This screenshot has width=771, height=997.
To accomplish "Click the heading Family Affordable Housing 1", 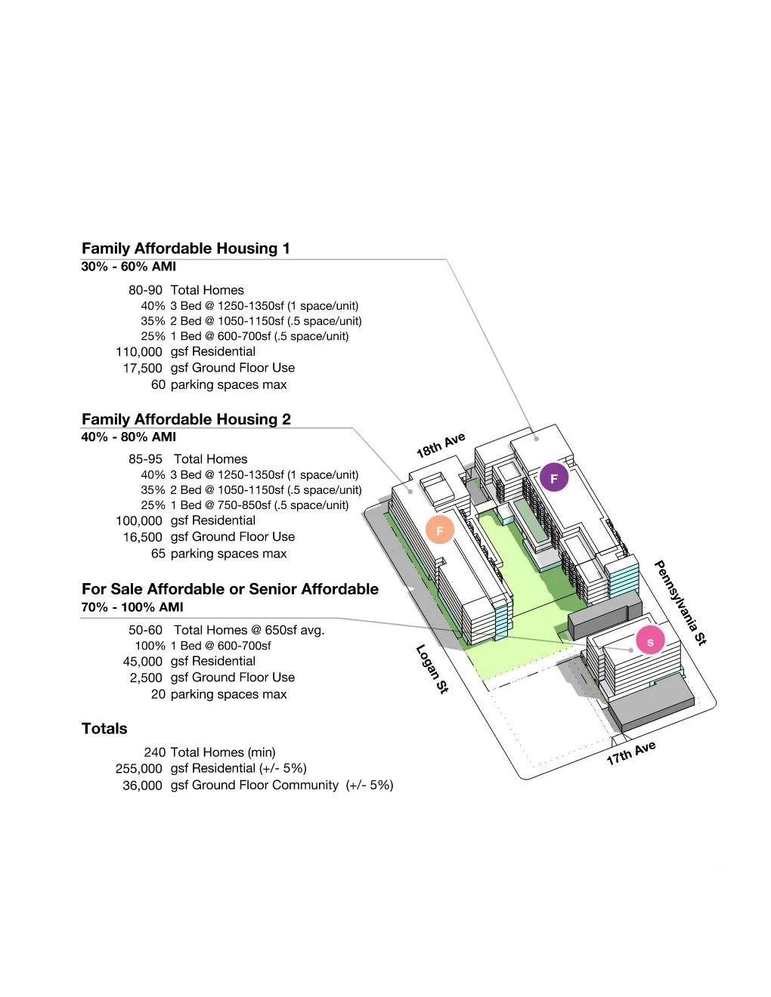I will pos(185,248).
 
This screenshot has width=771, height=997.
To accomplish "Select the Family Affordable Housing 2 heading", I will pos(186,419).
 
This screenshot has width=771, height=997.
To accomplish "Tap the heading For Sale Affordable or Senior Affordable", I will pos(230,589).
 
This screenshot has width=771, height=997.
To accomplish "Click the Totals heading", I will pos(104,729).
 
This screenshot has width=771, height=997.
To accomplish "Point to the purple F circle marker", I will pos(553,479).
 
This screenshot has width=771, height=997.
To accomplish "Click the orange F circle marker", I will pos(439,530).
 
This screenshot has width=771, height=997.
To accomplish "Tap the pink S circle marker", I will pos(649,642).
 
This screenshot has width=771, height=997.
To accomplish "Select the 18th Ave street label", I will pos(441,446).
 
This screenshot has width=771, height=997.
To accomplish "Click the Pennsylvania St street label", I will pos(680,603).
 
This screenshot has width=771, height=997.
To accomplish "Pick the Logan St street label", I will pos(432,669).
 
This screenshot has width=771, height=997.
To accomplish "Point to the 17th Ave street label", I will pos(630,753).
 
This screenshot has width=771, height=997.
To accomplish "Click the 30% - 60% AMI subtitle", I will pos(128,267).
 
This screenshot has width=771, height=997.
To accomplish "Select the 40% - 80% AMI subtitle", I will pos(128,437).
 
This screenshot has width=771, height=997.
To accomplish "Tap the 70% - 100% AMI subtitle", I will pos(132,607).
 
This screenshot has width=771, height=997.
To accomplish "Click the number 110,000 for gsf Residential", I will pos(138,352).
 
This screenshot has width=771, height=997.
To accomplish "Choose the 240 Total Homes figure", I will pos(154,752).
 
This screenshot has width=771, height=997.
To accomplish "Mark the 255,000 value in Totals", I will pos(138,769).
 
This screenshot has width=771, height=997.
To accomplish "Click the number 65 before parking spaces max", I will pos(158,554).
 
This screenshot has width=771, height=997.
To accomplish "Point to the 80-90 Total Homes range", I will pos(145,290).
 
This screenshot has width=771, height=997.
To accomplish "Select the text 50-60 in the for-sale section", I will pos(145,630).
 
